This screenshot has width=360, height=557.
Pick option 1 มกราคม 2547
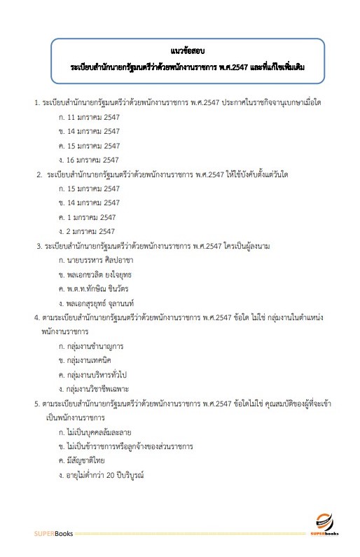pos(91,217)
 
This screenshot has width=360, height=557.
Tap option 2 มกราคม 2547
pos(91,231)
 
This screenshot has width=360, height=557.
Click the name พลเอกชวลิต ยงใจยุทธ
pos(102,274)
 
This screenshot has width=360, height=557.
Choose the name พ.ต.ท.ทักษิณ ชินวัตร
pos(102,289)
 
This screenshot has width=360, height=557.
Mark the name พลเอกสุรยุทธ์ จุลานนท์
pos(105,303)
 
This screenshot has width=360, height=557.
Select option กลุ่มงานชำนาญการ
pos(95,345)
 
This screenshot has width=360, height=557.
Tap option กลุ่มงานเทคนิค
pos(92,359)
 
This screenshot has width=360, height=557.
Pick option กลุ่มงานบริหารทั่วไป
pos(97,374)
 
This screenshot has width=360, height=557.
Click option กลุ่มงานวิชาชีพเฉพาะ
pos(99,388)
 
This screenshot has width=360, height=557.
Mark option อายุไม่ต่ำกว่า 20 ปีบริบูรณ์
pos(106,474)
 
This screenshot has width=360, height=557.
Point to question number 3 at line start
pos(39,246)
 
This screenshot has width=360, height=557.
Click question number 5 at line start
pos(36,403)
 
